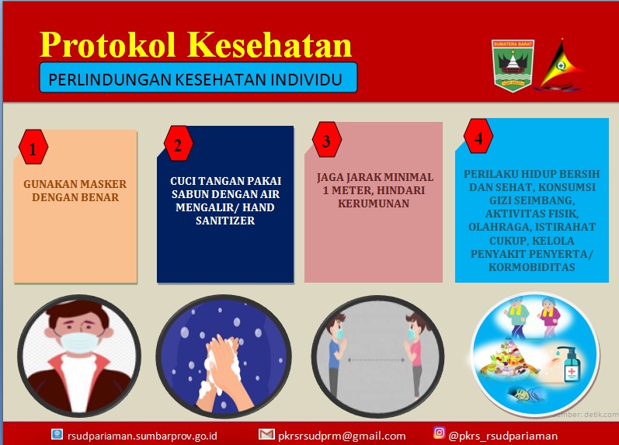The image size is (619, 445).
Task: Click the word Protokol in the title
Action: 107,44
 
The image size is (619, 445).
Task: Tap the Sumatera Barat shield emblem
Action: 513,65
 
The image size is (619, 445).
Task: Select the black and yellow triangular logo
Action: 561,65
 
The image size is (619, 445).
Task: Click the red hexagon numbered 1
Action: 33,148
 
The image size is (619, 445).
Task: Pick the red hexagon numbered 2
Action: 178,144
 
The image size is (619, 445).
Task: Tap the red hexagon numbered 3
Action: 326,139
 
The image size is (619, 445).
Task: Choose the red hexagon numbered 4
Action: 478,136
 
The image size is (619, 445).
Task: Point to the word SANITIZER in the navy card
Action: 225,221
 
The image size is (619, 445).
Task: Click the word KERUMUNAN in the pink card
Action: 374,203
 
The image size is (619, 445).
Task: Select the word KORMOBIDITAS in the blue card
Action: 532,267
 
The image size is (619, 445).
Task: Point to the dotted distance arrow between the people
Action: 376,360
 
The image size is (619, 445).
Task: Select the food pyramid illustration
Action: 508,360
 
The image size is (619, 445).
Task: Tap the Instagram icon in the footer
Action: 439,433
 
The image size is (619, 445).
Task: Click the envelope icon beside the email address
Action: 266,434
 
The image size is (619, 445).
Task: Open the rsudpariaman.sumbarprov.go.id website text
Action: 142,436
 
